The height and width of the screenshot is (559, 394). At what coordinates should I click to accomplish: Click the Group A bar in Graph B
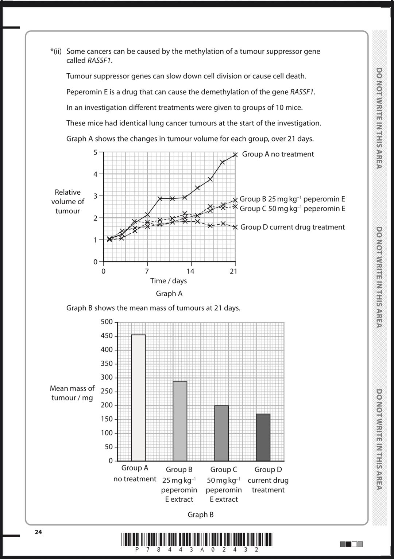click(138, 397)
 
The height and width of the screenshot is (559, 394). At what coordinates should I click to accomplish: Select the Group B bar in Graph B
click(180, 421)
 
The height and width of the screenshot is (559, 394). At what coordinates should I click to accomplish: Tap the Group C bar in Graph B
click(221, 433)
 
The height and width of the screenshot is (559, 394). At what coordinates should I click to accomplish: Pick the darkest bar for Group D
click(263, 437)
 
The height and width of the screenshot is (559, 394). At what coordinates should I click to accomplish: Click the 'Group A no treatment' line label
click(278, 154)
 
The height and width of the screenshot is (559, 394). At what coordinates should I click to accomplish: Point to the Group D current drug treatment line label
click(293, 227)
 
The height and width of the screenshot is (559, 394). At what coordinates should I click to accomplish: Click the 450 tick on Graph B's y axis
click(107, 336)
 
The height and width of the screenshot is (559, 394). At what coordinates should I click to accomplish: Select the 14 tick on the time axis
click(190, 271)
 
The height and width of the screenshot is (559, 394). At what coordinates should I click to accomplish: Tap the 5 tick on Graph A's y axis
click(96, 152)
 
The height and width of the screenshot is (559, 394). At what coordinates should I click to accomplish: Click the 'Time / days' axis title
click(169, 281)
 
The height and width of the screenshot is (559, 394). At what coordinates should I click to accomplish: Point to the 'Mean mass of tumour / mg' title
click(72, 393)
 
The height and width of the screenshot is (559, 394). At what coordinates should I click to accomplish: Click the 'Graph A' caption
click(169, 294)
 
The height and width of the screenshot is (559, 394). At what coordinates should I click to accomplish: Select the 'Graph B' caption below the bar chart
click(200, 515)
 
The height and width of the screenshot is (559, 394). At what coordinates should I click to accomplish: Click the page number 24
click(38, 532)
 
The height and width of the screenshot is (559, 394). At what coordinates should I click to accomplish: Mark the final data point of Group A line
click(235, 155)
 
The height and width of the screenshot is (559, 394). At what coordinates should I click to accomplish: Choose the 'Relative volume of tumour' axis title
click(67, 202)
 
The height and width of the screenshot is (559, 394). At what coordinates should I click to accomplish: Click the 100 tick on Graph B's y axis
click(107, 433)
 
